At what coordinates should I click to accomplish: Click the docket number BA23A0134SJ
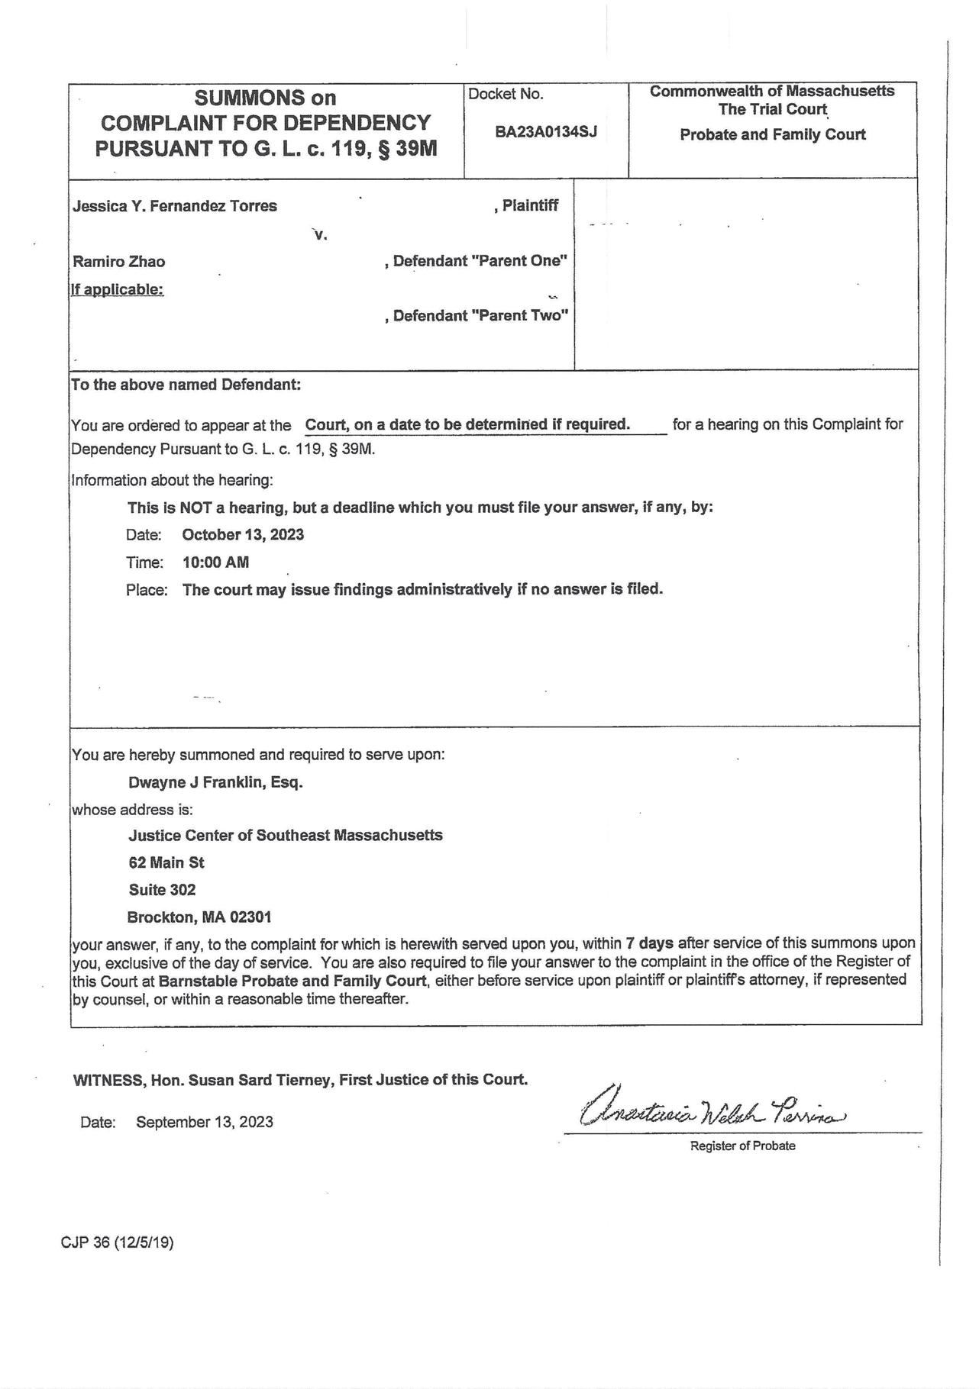click(545, 131)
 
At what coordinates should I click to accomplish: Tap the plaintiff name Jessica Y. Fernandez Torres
click(175, 206)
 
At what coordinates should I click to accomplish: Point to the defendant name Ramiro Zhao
click(119, 262)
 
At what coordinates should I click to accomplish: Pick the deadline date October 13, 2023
click(243, 534)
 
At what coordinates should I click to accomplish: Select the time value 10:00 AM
click(215, 562)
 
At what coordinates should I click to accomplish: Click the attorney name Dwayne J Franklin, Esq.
click(215, 782)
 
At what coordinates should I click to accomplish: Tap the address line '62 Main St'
click(166, 862)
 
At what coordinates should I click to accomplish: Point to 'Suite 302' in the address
click(162, 890)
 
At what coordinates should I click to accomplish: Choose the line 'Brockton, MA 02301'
click(199, 917)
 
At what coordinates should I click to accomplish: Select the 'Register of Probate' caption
click(742, 1146)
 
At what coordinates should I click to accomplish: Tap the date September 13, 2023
click(205, 1122)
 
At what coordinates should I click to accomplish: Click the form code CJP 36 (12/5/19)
click(117, 1242)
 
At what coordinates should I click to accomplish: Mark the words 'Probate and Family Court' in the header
click(772, 135)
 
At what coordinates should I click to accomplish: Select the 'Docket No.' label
click(506, 95)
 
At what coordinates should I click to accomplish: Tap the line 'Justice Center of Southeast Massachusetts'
click(286, 835)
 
